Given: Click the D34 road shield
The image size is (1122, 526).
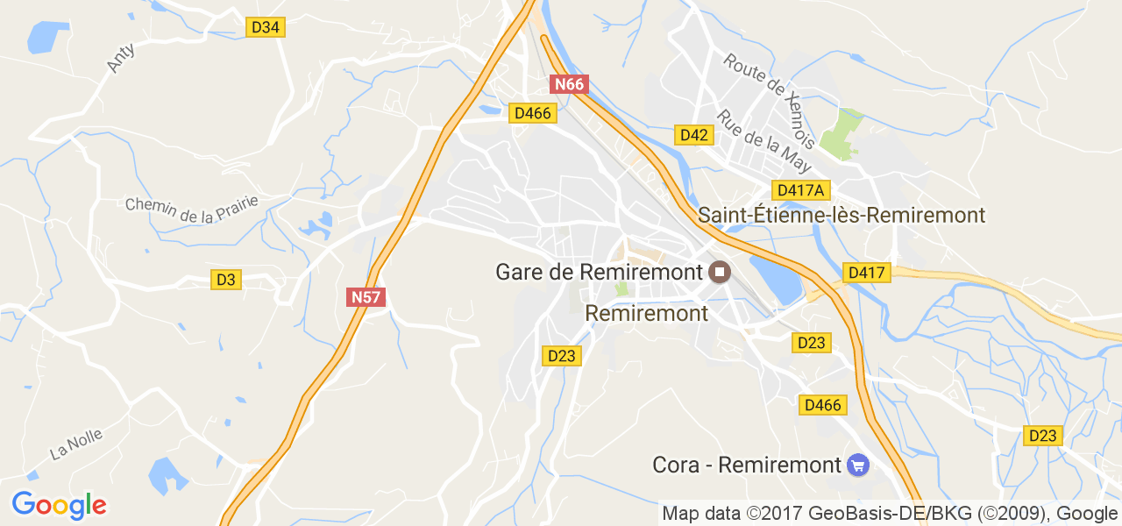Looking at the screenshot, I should pyautogui.click(x=265, y=27).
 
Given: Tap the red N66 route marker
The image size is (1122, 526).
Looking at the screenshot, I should pyautogui.click(x=568, y=84).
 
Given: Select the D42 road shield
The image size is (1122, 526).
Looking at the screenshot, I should pyautogui.click(x=694, y=134).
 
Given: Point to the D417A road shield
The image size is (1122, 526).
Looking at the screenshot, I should pyautogui.click(x=801, y=190).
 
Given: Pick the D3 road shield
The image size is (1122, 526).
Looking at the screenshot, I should pyautogui.click(x=226, y=280).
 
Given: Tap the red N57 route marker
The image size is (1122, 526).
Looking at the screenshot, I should pyautogui.click(x=366, y=297).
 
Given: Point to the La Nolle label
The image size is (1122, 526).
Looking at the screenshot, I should pyautogui.click(x=76, y=444).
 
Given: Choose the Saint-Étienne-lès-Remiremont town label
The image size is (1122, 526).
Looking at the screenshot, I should pyautogui.click(x=841, y=215).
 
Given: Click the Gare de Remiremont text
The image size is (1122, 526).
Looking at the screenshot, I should pyautogui.click(x=600, y=272).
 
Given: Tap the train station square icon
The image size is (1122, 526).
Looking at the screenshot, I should pyautogui.click(x=720, y=272).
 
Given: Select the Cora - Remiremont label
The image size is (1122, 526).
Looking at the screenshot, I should pyautogui.click(x=747, y=465).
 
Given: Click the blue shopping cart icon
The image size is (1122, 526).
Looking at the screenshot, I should pyautogui.click(x=857, y=465).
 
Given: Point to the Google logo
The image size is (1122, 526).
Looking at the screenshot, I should pyautogui.click(x=59, y=505).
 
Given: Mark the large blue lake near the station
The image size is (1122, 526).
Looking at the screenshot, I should pyautogui.click(x=777, y=278).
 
